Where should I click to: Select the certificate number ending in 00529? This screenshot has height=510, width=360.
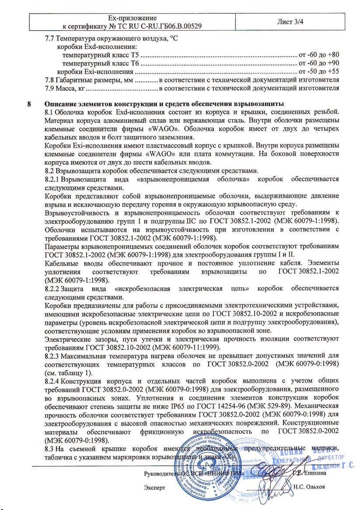click(x=171, y=26)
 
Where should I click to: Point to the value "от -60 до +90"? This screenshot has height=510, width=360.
click(x=318, y=63)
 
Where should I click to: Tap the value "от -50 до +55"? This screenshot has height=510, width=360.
click(x=318, y=71)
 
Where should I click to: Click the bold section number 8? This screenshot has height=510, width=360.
click(x=29, y=104)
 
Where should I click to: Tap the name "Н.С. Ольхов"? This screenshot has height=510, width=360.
click(x=310, y=487)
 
